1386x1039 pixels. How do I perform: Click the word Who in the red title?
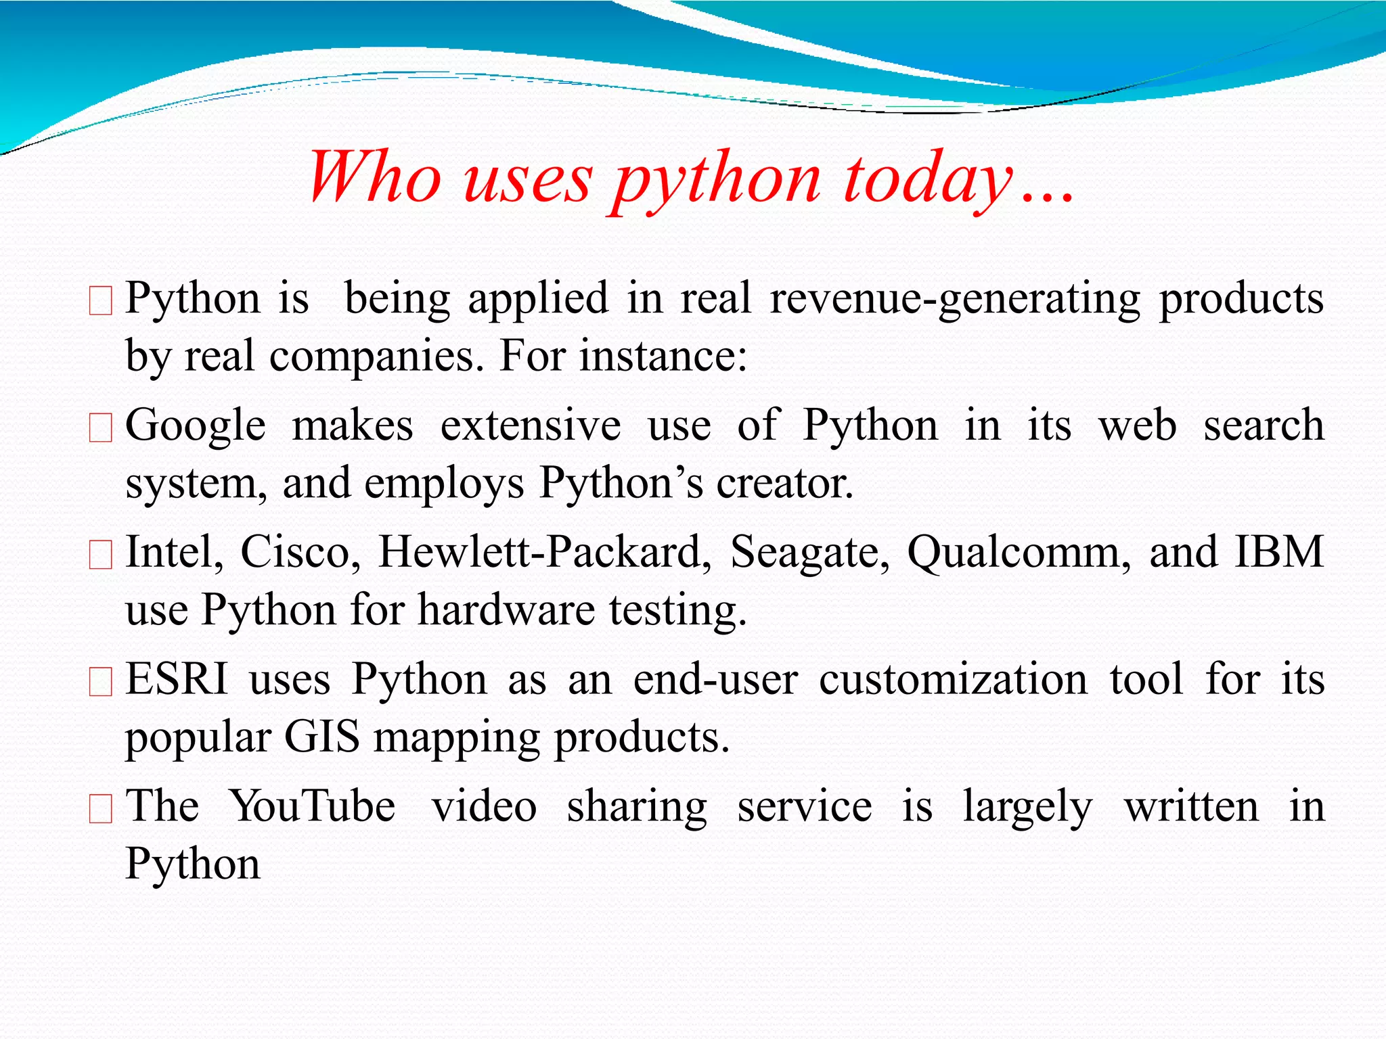click(x=374, y=177)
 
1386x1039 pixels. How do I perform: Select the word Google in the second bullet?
click(x=196, y=425)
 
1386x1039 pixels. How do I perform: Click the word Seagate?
click(x=809, y=553)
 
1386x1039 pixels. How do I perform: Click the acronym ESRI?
click(x=177, y=678)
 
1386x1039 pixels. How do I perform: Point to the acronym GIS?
click(x=321, y=737)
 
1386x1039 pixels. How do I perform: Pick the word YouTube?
click(x=312, y=806)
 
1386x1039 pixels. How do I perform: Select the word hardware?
click(x=506, y=610)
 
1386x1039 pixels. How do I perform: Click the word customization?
click(x=953, y=678)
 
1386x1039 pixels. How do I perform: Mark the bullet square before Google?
click(x=101, y=428)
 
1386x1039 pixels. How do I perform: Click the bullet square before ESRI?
click(x=101, y=682)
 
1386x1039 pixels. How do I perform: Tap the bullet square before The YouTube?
click(x=101, y=808)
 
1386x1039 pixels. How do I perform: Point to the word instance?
click(x=663, y=356)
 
